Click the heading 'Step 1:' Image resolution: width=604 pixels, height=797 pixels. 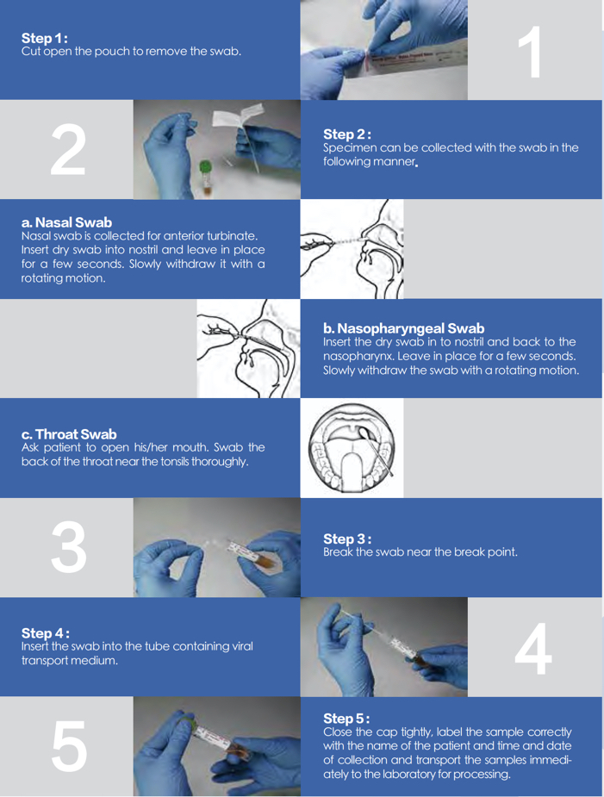45,38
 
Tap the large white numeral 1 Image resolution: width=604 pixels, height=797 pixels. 530,53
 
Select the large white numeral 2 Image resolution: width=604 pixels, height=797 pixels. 68,149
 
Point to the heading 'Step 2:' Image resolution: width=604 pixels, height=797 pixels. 346,134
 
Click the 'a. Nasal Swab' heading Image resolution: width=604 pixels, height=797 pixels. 66,222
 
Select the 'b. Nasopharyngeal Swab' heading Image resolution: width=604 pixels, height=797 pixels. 404,328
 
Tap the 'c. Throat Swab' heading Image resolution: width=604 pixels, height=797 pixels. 69,434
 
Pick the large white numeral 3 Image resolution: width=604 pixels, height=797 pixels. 69,547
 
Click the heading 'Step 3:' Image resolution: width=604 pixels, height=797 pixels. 347,539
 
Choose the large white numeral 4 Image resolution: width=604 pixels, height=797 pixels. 532,649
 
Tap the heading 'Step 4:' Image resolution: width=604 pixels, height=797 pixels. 46,633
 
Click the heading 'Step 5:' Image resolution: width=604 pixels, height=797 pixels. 346,719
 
